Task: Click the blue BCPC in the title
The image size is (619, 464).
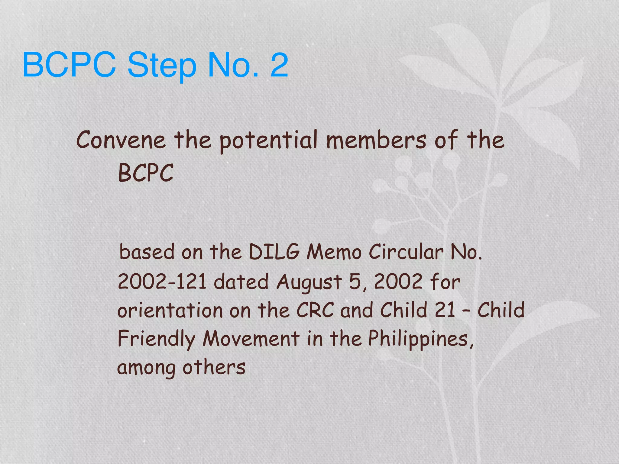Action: tap(69, 65)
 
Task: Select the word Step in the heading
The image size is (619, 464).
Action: tap(162, 66)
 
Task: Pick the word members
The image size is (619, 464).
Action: tap(376, 140)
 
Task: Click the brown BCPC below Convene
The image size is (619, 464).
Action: tap(146, 173)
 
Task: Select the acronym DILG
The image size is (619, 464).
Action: tap(274, 252)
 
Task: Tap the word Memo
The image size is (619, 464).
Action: tap(334, 252)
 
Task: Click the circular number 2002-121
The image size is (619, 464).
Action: tap(162, 282)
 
